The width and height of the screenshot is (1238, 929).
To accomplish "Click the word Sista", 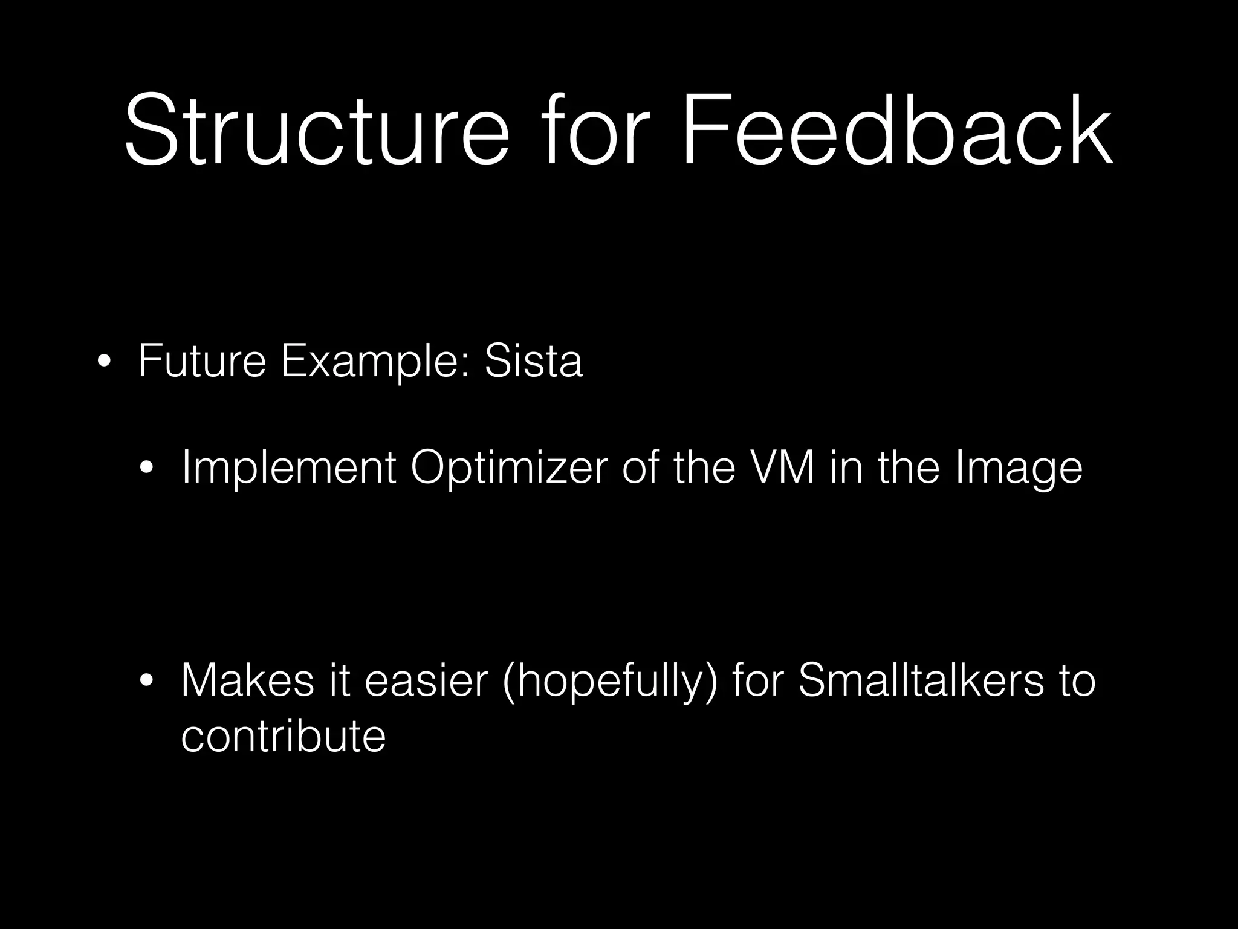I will click(x=533, y=361).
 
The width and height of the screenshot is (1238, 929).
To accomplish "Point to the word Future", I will click(x=202, y=361).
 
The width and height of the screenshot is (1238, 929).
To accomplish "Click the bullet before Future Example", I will click(x=103, y=362).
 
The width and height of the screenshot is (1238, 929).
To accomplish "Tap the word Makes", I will click(x=247, y=680).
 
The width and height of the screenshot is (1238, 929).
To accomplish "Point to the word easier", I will click(x=426, y=680).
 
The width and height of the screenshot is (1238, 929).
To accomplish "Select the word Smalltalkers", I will click(x=921, y=680).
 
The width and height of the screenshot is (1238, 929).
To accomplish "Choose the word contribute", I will click(x=283, y=736).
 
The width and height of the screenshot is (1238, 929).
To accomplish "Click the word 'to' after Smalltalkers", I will click(x=1077, y=680).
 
